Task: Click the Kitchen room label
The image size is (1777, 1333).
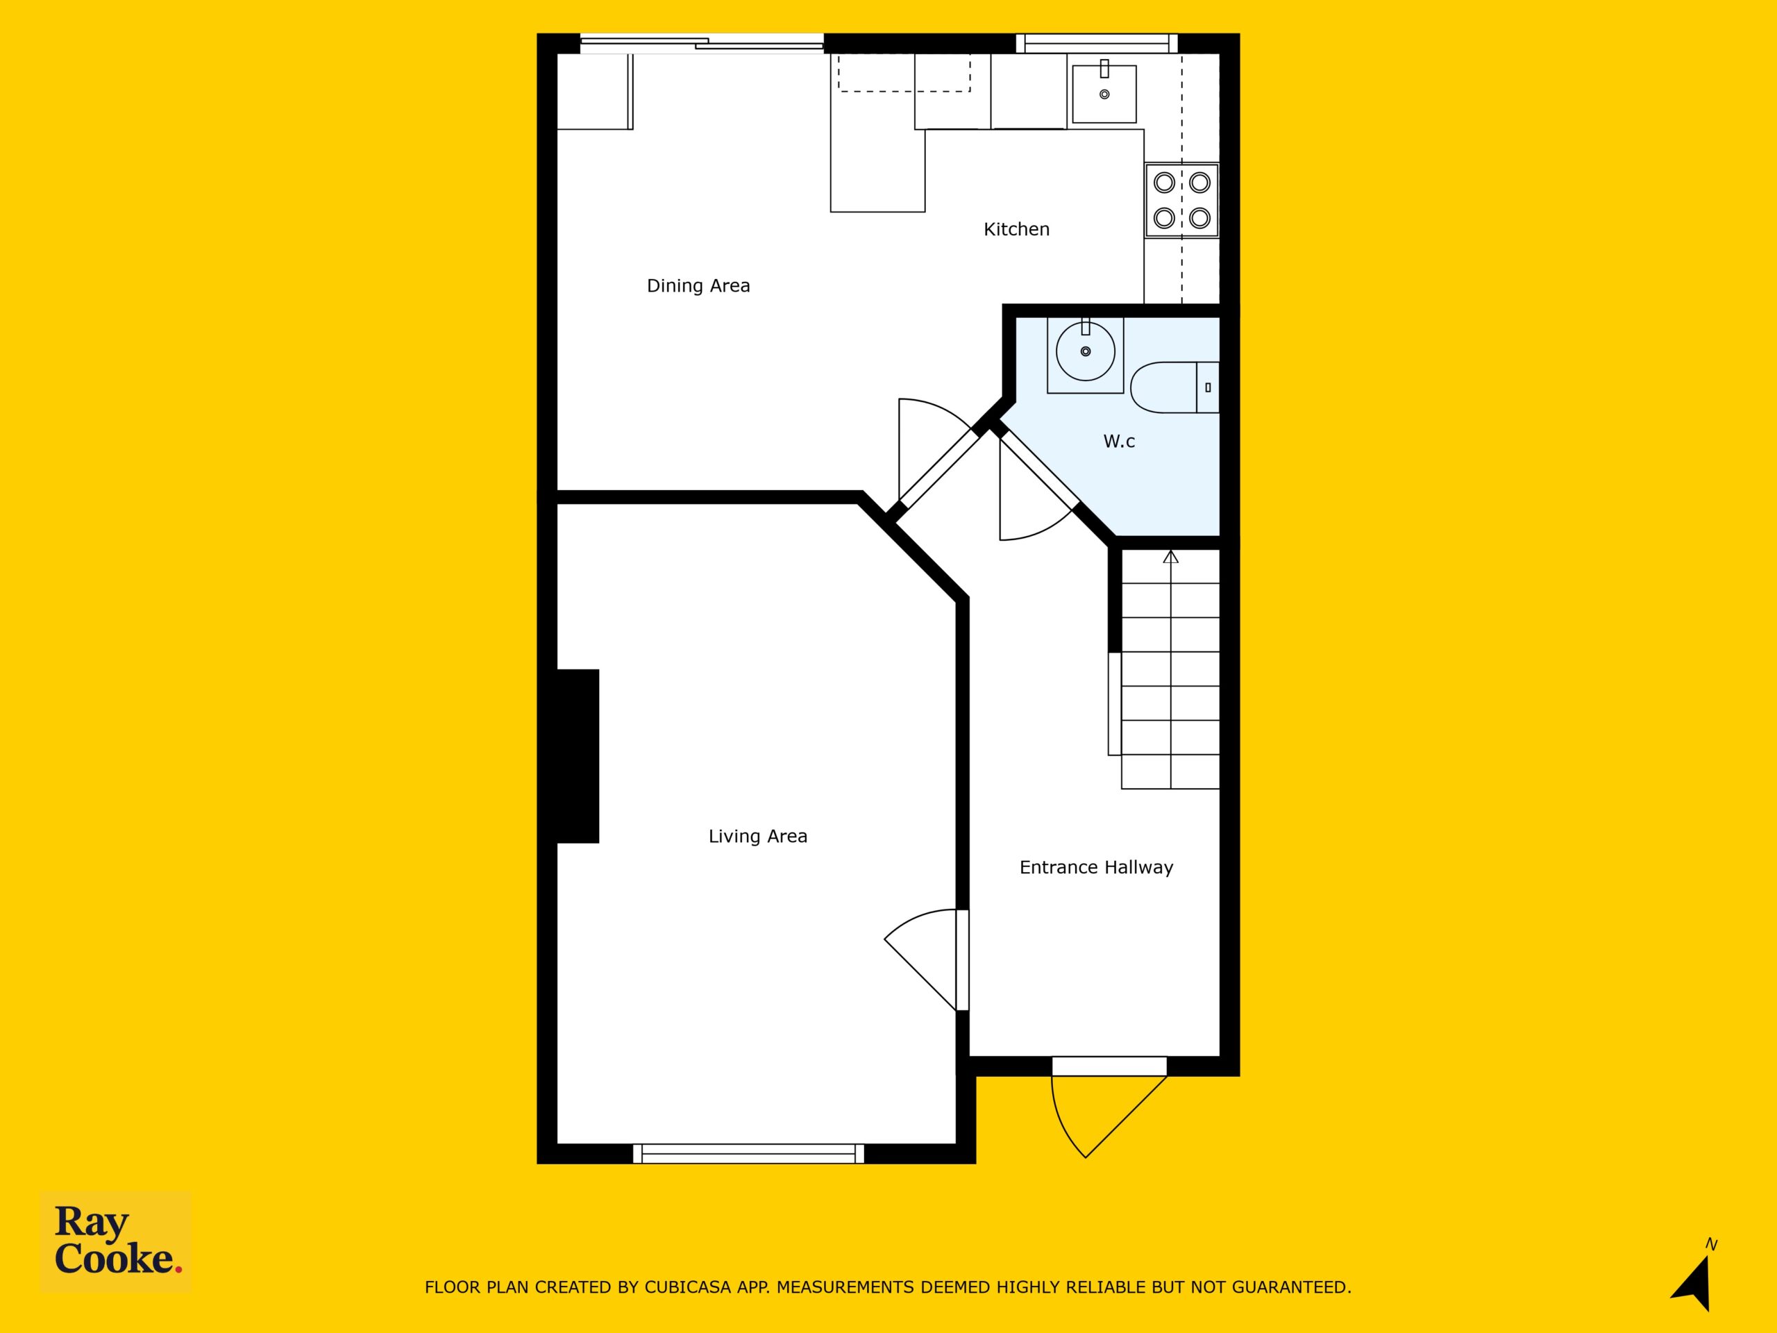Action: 1016,229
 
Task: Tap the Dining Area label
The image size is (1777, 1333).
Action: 698,285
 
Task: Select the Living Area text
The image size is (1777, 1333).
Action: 757,836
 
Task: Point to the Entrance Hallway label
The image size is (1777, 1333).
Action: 1096,867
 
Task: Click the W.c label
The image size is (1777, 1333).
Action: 1119,440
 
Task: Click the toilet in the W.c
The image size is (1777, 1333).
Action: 1174,387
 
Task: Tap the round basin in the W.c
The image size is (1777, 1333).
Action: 1086,351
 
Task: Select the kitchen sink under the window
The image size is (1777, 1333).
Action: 1104,92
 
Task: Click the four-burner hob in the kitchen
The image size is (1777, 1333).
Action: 1181,200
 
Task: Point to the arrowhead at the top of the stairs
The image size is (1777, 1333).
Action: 1170,556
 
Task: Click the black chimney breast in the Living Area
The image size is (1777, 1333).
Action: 578,756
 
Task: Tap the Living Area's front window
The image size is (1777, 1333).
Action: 749,1154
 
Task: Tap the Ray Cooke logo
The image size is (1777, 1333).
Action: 116,1241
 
